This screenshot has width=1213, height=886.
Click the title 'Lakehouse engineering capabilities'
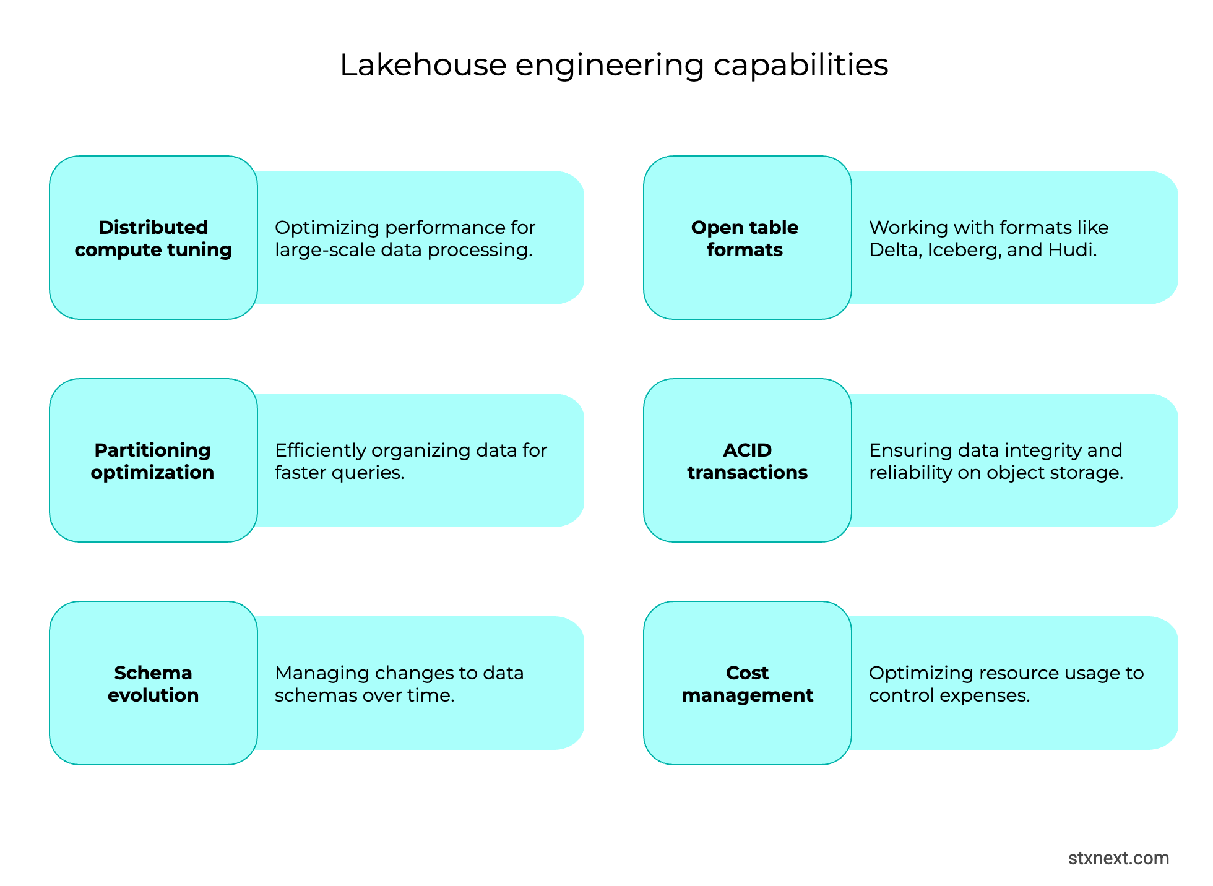pos(614,65)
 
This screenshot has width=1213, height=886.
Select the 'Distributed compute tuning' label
pos(153,238)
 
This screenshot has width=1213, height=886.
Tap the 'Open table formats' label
pos(745,238)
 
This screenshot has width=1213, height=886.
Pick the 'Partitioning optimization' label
pos(152,461)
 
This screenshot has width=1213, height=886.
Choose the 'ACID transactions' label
pos(747,461)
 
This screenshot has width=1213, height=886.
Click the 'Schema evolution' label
pos(153,684)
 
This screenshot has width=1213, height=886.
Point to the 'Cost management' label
pos(747,684)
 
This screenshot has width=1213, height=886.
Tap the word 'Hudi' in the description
pos(1071,250)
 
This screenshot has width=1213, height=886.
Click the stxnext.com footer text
pos(1118,858)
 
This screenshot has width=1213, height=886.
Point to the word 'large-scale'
pos(325,250)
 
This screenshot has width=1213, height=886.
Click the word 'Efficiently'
pos(320,450)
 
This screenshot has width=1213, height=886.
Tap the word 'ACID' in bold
pos(747,450)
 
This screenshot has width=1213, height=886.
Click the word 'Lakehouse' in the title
pos(423,65)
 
